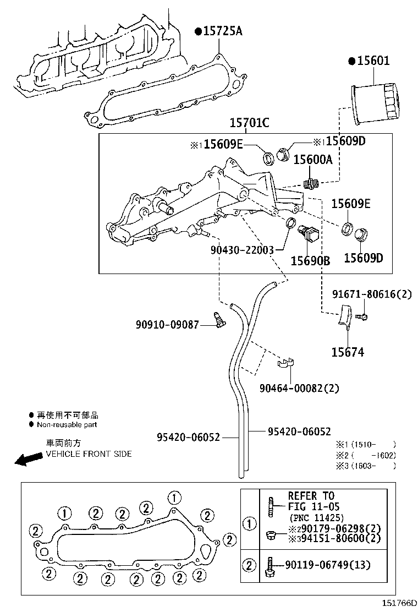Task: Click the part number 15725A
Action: (222, 31)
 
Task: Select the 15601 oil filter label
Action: (372, 61)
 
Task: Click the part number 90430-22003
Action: (242, 249)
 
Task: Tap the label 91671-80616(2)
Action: (371, 294)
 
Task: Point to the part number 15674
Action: (347, 352)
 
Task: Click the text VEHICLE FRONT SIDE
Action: (88, 454)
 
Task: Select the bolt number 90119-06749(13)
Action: (327, 565)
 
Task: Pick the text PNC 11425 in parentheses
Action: (316, 518)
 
